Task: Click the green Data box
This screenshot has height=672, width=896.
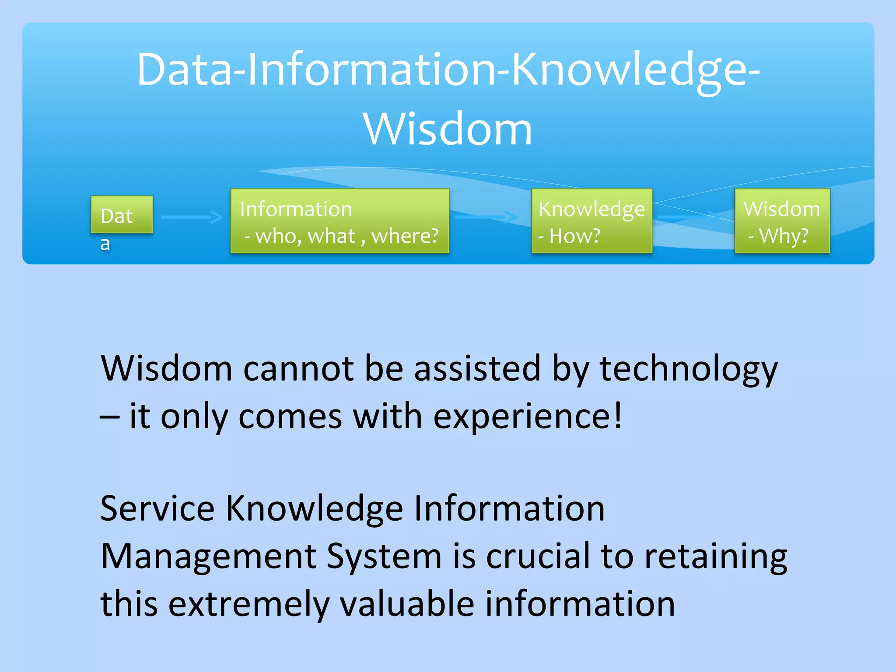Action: coord(122,214)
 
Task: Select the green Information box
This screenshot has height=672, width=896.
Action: coord(339,221)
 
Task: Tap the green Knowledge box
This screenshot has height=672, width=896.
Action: coord(591,221)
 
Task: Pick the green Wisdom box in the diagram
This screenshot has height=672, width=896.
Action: coord(782,221)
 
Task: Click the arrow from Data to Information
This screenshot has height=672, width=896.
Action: coord(192,217)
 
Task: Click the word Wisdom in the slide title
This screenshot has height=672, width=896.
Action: coord(448,129)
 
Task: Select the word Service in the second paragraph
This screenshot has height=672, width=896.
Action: coord(157,508)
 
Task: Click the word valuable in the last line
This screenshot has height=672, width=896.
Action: coord(407,604)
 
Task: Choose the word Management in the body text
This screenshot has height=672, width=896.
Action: coord(208,556)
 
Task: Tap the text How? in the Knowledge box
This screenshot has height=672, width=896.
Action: coord(574,236)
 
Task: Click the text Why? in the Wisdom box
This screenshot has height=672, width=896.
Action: coord(783,236)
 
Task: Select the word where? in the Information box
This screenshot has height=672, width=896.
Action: coord(405,236)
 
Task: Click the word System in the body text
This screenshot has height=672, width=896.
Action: coord(384,557)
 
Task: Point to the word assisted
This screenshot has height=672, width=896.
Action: coord(477,369)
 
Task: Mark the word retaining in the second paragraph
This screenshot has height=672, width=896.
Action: coord(716,557)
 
